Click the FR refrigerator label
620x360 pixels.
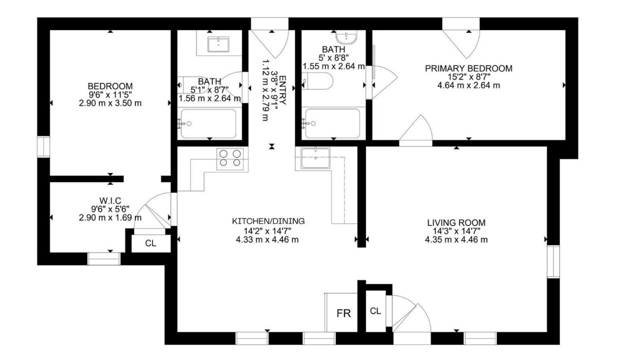point(343,313)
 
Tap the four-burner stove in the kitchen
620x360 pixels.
point(229,159)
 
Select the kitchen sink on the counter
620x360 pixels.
point(315,158)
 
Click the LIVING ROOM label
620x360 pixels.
point(456,222)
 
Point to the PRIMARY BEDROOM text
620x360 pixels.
point(468,68)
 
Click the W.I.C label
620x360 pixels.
point(110,200)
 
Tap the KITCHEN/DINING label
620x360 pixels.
point(268,221)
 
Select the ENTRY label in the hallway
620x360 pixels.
point(282,89)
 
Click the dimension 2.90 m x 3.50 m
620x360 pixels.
point(110,103)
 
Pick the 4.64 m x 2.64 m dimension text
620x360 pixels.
point(468,85)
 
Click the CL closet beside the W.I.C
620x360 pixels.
point(150,243)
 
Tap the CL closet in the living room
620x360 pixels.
point(375,311)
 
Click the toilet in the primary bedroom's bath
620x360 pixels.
point(317,81)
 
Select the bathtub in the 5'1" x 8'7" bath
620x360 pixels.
point(208,123)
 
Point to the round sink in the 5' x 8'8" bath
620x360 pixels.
point(346,37)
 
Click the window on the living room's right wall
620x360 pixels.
point(553,261)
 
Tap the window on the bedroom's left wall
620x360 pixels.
point(43,146)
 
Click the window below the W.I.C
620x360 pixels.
point(104,258)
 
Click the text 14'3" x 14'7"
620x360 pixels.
point(456,231)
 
